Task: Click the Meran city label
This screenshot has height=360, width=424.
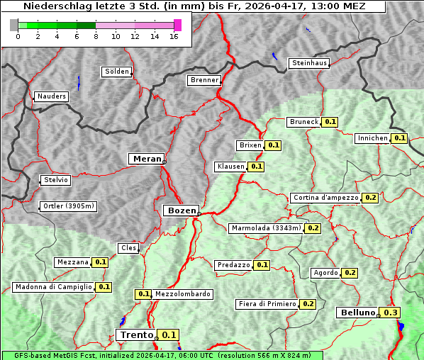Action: pyautogui.click(x=147, y=159)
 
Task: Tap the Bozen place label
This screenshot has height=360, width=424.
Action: pyautogui.click(x=180, y=210)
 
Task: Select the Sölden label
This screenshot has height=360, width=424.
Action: pyautogui.click(x=117, y=72)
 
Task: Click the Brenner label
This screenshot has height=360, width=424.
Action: pyautogui.click(x=204, y=80)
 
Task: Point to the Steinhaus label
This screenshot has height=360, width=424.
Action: pyautogui.click(x=310, y=63)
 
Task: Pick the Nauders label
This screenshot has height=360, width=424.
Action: pyautogui.click(x=51, y=96)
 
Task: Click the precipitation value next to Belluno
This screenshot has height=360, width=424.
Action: pyautogui.click(x=391, y=313)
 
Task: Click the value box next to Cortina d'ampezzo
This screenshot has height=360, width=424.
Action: pyautogui.click(x=370, y=198)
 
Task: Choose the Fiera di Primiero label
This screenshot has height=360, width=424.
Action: pyautogui.click(x=267, y=304)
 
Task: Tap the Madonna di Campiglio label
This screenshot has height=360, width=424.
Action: pyautogui.click(x=53, y=287)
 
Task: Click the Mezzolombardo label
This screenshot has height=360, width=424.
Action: pyautogui.click(x=182, y=294)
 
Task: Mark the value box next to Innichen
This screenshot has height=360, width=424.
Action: pyautogui.click(x=400, y=138)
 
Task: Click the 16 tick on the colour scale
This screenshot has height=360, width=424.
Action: pyautogui.click(x=174, y=37)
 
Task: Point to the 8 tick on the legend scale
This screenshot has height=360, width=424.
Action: pyautogui.click(x=95, y=37)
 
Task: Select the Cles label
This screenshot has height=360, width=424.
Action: pyautogui.click(x=128, y=247)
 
